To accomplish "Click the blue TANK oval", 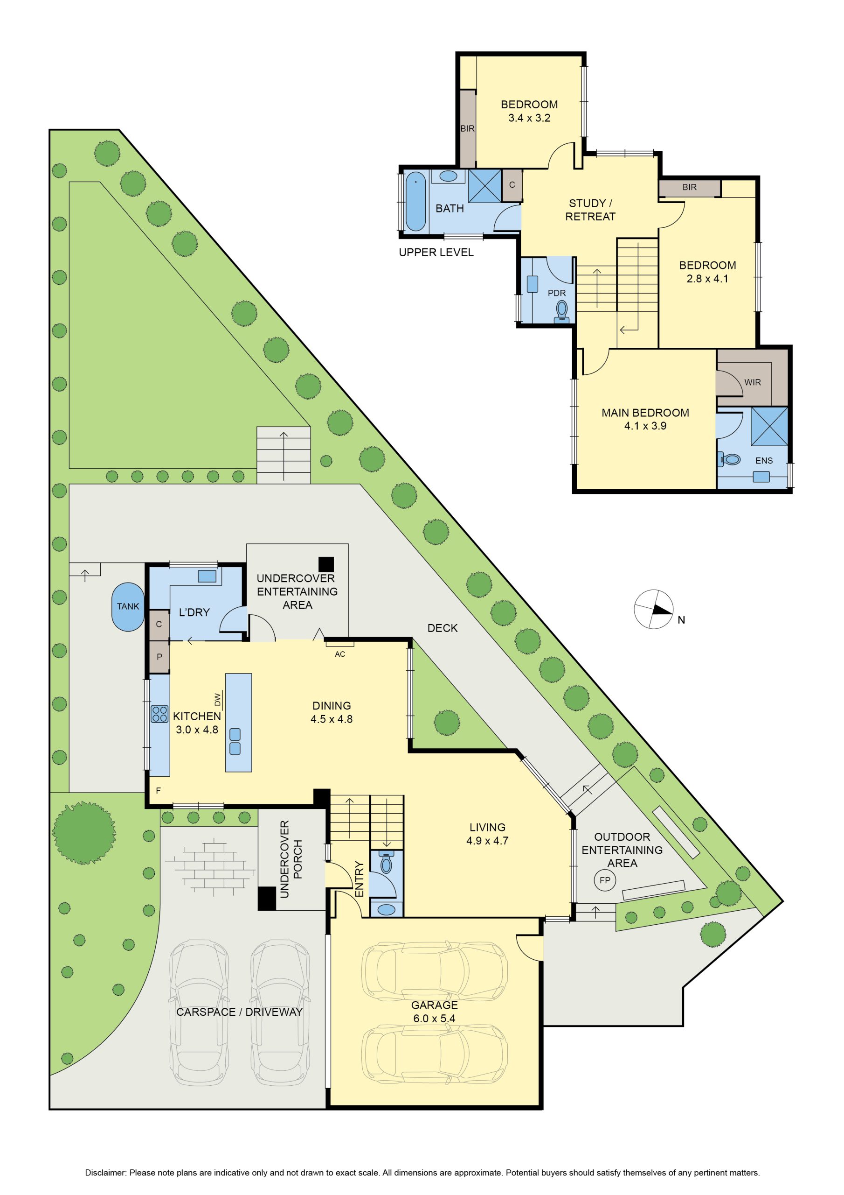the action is (127, 606).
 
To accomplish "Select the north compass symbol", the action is (654, 610).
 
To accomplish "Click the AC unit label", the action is (339, 654).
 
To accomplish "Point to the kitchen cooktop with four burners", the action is (159, 714).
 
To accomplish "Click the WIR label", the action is (753, 382).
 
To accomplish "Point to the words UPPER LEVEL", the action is (436, 253).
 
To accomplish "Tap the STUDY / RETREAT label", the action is (590, 210).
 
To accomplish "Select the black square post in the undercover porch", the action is (267, 899).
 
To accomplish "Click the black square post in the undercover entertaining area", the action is (326, 564).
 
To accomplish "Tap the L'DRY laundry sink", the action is (207, 576).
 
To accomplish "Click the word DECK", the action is (443, 628).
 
